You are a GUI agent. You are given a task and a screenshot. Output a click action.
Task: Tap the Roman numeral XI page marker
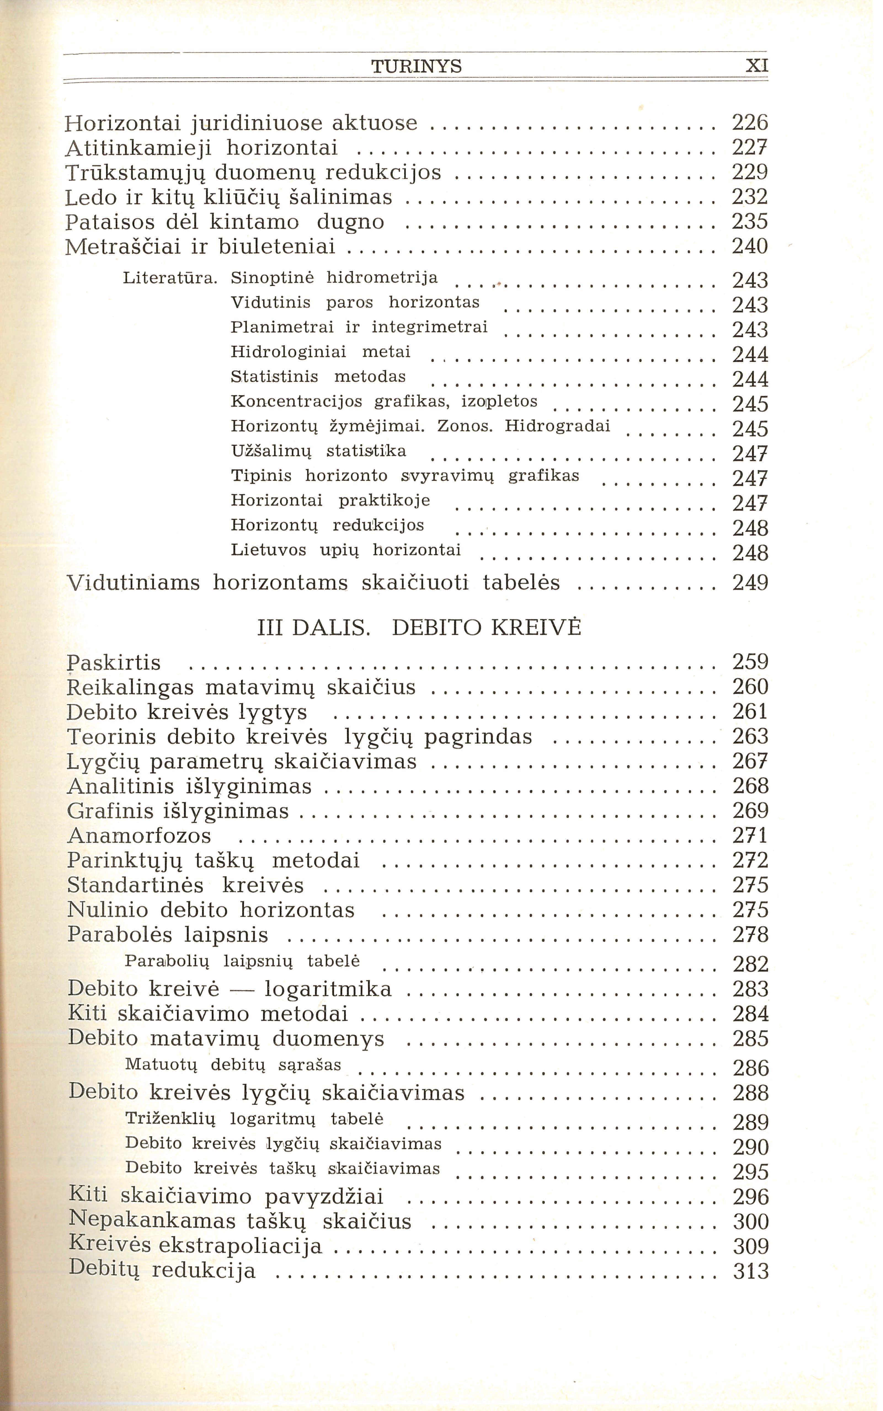(757, 66)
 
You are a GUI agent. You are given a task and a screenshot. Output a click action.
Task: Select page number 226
(750, 123)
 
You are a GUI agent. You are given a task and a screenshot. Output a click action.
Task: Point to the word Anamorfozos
(139, 836)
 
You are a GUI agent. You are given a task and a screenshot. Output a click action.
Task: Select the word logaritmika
(328, 989)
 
